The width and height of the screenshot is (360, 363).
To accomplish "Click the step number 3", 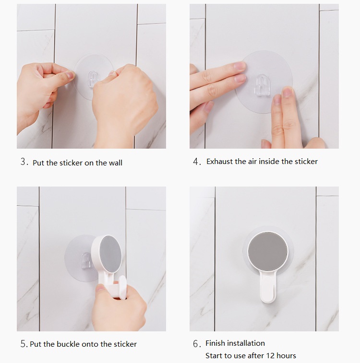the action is point(24,162).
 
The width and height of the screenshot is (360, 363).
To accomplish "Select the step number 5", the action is point(24,344).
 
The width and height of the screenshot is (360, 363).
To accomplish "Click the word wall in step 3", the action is point(115,163).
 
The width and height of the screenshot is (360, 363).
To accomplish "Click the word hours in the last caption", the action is point(287,355).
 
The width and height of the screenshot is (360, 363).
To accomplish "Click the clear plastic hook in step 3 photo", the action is point(93,79).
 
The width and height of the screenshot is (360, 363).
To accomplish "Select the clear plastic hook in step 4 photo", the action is point(263,85).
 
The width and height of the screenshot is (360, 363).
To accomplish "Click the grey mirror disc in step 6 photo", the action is point(268,252).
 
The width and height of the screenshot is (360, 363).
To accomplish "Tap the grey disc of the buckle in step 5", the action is point(110,254).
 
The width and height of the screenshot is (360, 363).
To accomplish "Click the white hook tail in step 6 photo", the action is point(268,287).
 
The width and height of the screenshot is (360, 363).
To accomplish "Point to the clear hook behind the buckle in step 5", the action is point(86,261).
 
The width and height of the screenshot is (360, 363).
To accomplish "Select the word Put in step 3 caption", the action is point(38,163).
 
